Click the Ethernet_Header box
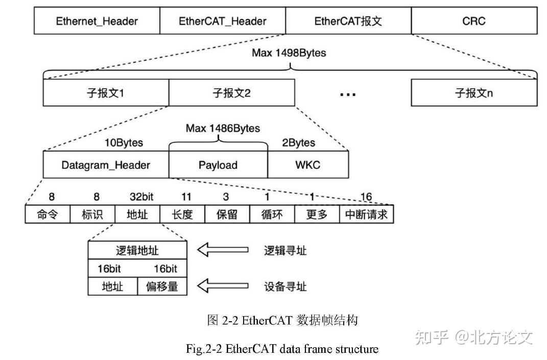tap(97, 21)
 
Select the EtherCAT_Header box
tap(223, 21)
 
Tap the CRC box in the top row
tap(473, 21)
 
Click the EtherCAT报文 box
tap(348, 21)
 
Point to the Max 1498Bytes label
tap(289, 53)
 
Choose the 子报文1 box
tap(106, 93)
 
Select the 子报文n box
tap(473, 93)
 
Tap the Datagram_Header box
tap(106, 165)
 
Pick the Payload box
tap(218, 165)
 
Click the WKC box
tap(308, 165)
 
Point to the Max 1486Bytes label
tap(222, 128)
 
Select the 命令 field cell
tap(47, 214)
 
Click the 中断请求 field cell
tap(366, 214)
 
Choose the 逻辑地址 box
tap(137, 250)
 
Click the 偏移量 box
tap(162, 286)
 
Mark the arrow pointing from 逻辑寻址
tap(223, 250)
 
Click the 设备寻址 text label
tap(286, 286)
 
